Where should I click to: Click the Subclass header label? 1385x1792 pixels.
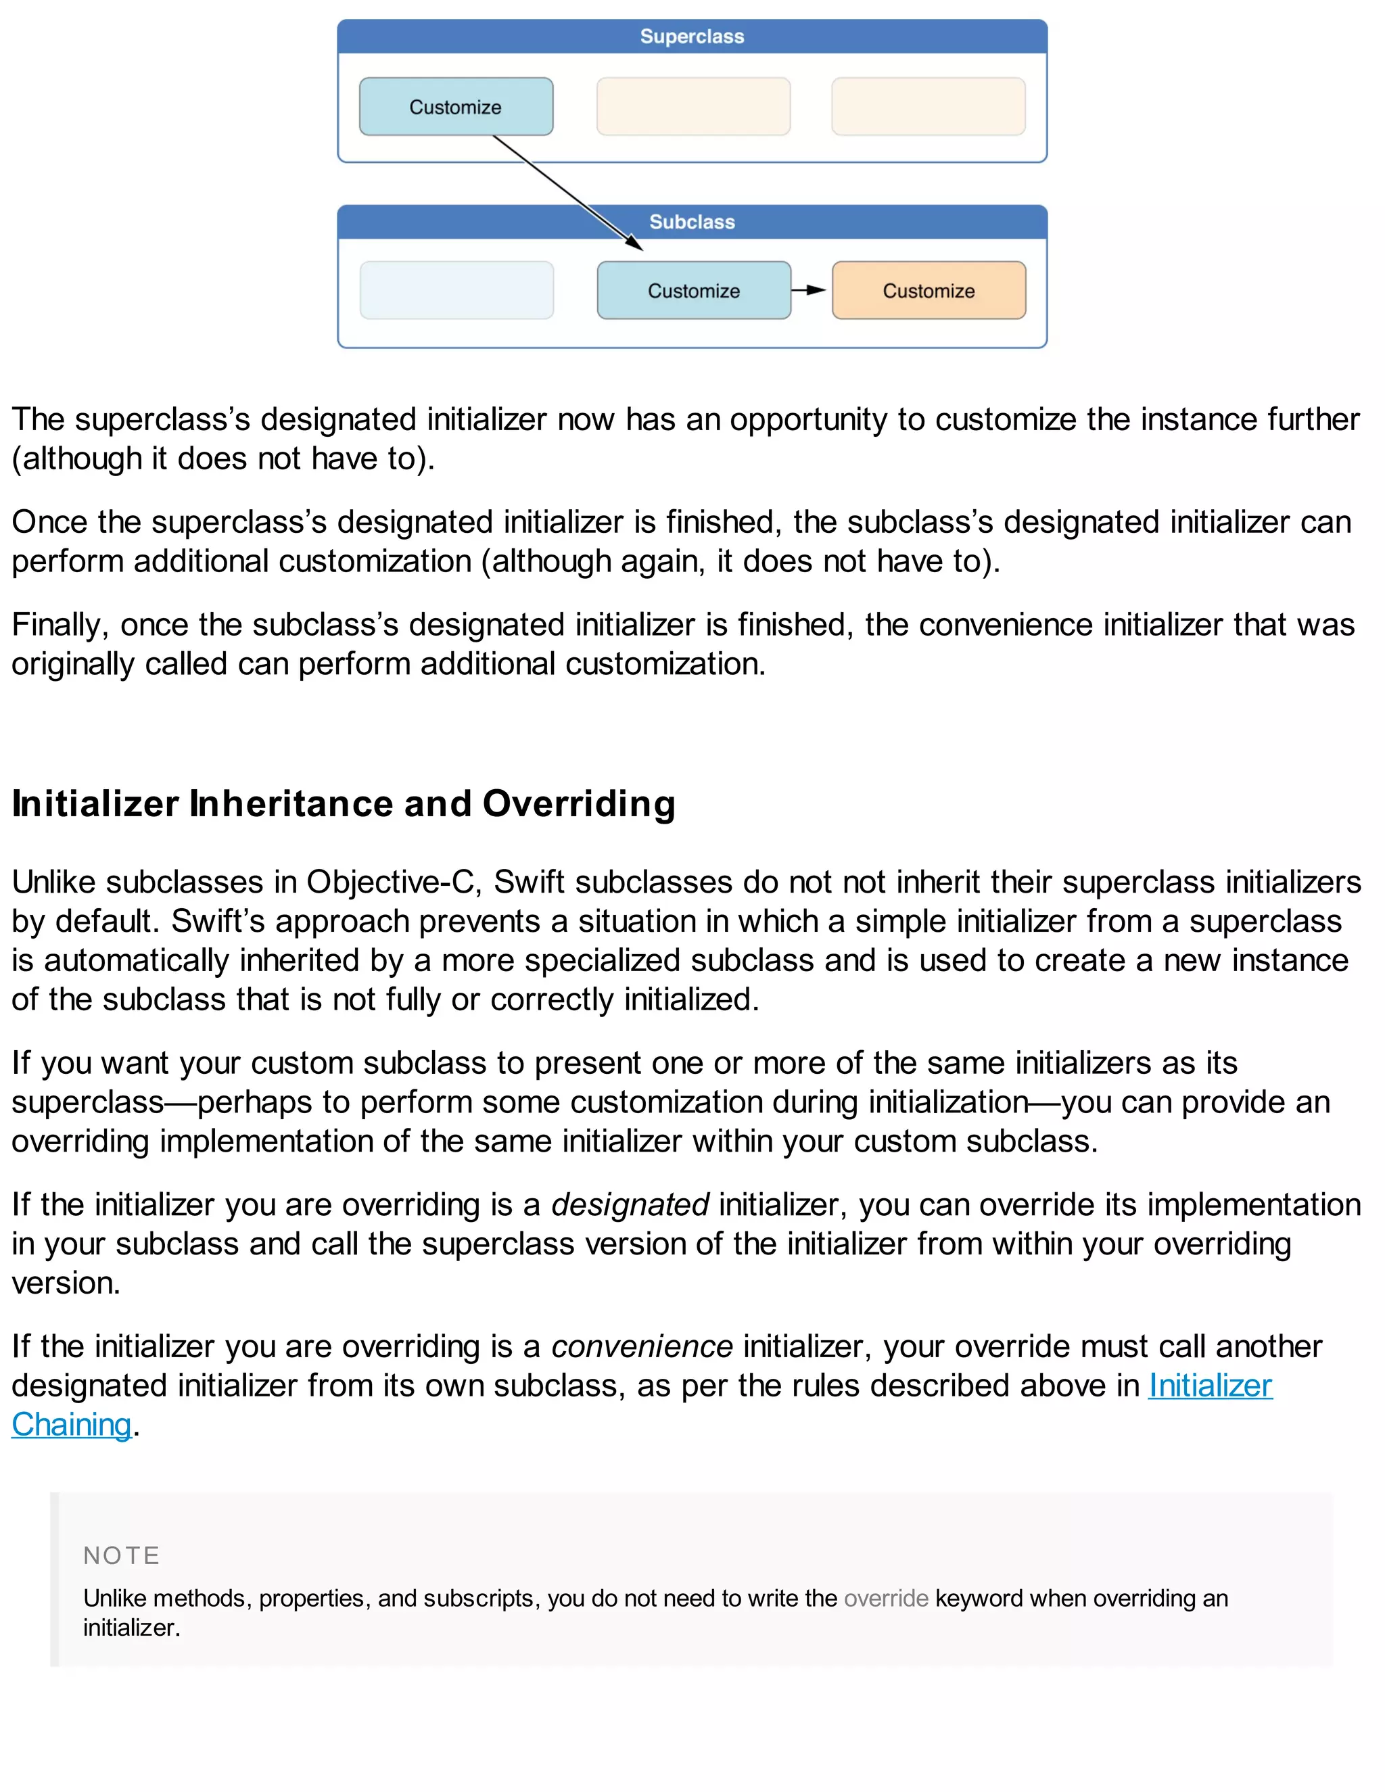tap(692, 222)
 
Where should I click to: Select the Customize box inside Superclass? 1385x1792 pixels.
tap(455, 108)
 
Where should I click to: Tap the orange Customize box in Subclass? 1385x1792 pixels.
tap(928, 291)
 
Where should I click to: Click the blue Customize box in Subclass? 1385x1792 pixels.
tap(693, 291)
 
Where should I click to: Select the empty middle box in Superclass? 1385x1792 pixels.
tap(693, 108)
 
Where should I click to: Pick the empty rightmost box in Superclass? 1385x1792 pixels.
tap(928, 108)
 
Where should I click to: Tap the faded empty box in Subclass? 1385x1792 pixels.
tap(456, 291)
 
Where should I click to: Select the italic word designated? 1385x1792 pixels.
tap(630, 1205)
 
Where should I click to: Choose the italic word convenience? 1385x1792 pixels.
tap(642, 1346)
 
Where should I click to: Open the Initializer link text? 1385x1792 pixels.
tap(1209, 1386)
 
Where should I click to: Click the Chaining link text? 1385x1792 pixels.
tap(72, 1425)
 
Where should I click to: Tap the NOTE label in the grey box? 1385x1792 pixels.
tap(122, 1556)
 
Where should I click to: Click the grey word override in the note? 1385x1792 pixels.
tap(885, 1599)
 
